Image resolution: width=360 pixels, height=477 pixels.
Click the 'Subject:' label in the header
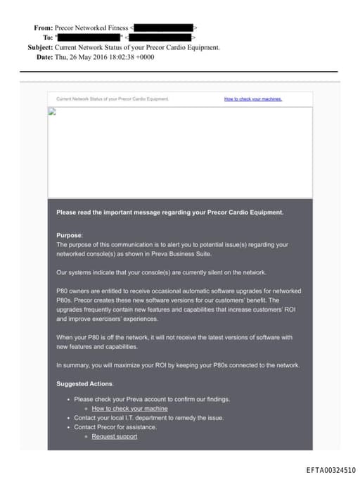coord(39,47)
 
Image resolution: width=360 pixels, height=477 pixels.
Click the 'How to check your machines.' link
coord(253,99)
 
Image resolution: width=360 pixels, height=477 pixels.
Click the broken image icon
coord(51,111)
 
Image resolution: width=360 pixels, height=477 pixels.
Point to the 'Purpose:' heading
coord(69,235)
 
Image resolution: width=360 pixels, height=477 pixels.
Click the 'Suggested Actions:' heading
coord(84,383)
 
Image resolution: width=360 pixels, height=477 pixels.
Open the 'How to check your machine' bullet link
coord(129,408)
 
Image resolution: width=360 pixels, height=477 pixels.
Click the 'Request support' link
coord(115,436)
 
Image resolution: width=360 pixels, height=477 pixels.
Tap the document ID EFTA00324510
coord(330,469)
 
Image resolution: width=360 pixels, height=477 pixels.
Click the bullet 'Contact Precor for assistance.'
coord(115,427)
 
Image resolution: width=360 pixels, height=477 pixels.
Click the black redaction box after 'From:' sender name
coord(162,27)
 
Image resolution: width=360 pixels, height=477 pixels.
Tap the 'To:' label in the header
coord(47,37)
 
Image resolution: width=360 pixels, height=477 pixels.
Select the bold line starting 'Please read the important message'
coord(170,212)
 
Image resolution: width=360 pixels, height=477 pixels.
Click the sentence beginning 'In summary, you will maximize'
coord(178,365)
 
